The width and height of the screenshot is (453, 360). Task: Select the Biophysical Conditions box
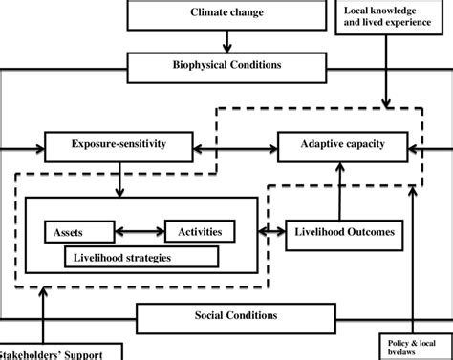click(226, 67)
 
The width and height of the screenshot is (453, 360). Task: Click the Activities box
click(199, 231)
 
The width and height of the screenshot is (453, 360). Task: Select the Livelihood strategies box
click(140, 256)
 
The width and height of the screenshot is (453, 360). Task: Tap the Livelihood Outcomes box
click(341, 232)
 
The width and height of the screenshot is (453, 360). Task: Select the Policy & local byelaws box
click(412, 346)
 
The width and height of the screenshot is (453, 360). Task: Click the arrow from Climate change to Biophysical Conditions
click(226, 41)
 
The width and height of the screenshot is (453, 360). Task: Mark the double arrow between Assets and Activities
click(140, 231)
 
